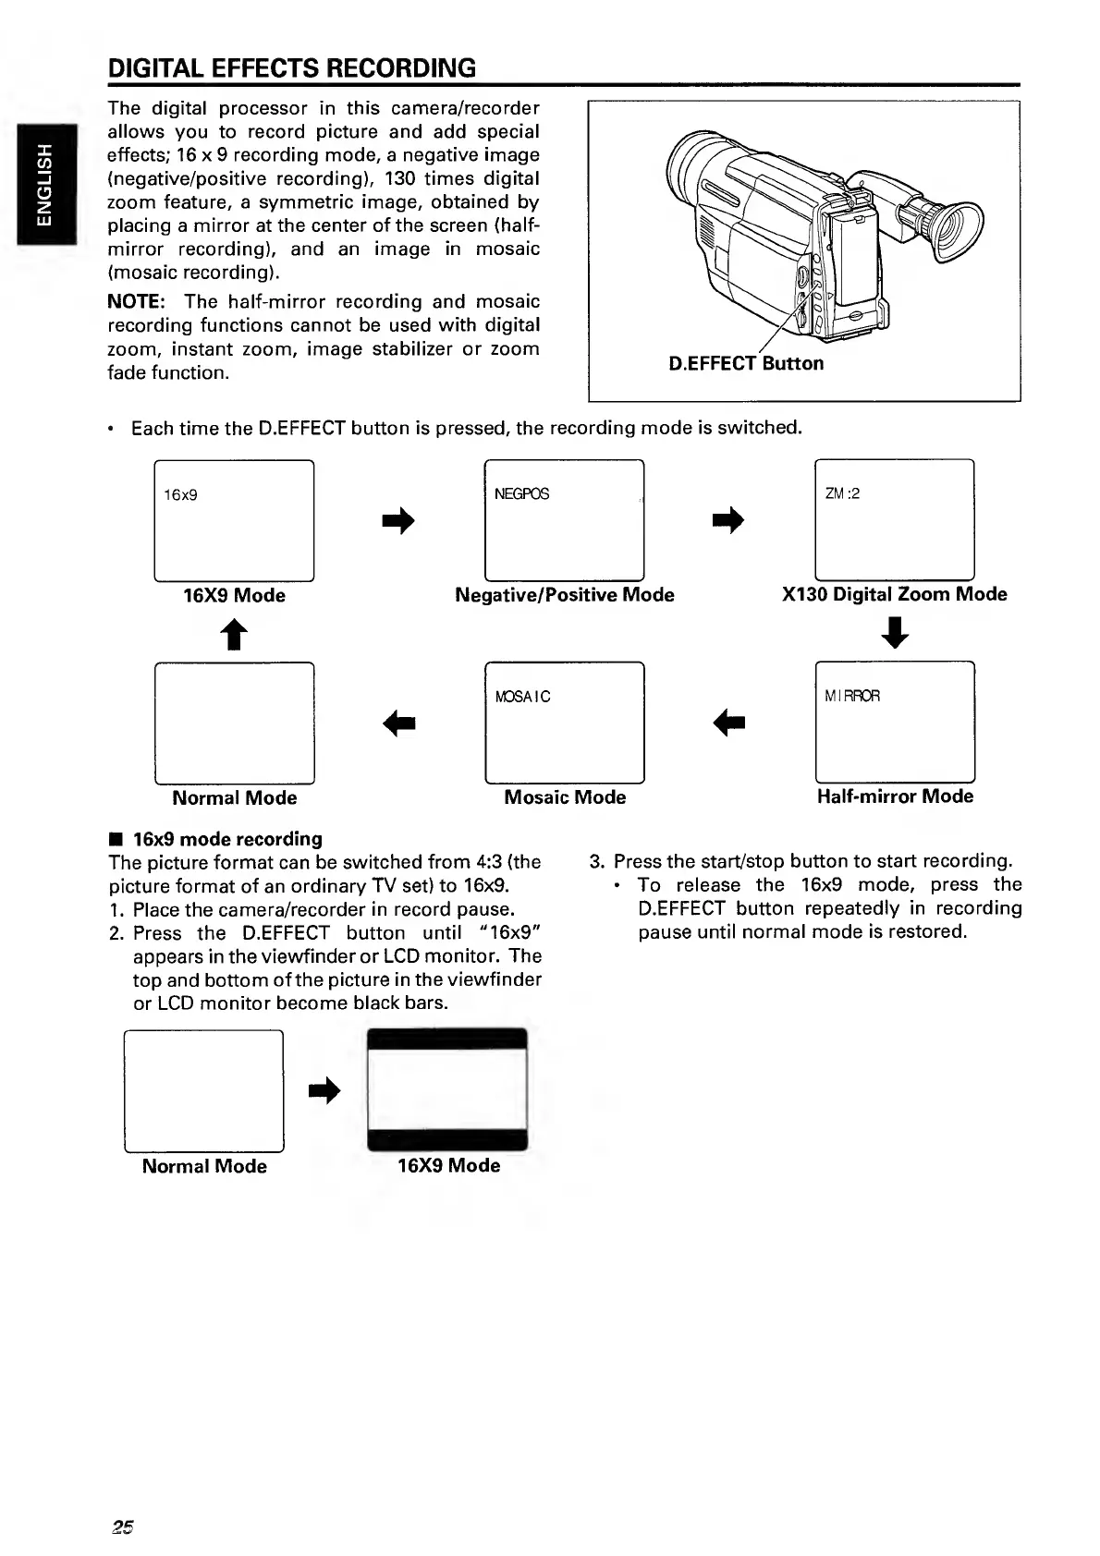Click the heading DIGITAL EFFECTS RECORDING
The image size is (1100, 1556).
tap(292, 67)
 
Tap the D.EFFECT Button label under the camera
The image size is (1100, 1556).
tap(745, 363)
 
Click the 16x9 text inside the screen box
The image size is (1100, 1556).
tap(180, 494)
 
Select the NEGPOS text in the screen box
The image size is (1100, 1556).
tap(521, 493)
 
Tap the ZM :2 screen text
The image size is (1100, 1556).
tap(842, 493)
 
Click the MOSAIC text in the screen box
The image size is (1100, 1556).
tap(522, 697)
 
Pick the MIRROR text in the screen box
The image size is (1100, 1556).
tap(852, 695)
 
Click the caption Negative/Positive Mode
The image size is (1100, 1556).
tap(564, 595)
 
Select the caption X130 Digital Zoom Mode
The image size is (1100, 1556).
tap(894, 594)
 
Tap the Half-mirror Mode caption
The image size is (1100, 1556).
tap(895, 796)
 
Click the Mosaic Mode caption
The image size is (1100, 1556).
tap(564, 796)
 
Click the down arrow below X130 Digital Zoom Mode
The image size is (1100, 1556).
tap(896, 633)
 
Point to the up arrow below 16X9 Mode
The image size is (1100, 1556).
tap(235, 634)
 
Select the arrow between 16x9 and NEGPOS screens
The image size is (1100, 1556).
tap(398, 521)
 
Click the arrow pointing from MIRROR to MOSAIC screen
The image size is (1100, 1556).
tap(729, 723)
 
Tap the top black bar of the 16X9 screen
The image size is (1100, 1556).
tap(447, 1039)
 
